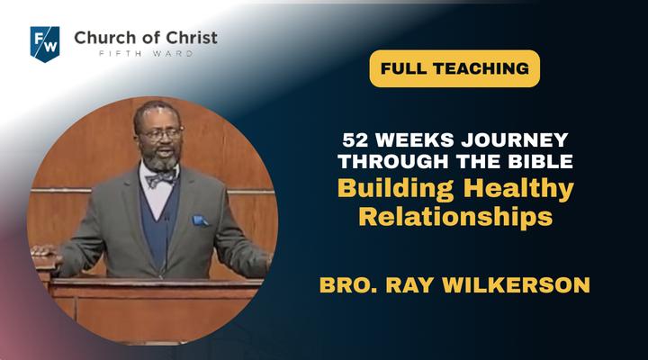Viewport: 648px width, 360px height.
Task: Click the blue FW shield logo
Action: pyautogui.click(x=45, y=44)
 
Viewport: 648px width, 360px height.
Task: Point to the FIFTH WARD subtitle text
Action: pyautogui.click(x=146, y=53)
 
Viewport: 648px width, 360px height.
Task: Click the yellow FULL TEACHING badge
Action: pyautogui.click(x=454, y=68)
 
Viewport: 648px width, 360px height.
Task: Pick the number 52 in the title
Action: pyautogui.click(x=355, y=140)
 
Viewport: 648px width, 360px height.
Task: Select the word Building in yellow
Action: pyautogui.click(x=395, y=189)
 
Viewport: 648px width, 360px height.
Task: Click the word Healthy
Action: pyautogui.click(x=519, y=189)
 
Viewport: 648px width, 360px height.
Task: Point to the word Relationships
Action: pyautogui.click(x=455, y=217)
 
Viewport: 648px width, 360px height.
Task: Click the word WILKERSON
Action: pyautogui.click(x=516, y=285)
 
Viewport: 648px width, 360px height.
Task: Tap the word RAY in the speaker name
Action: pyautogui.click(x=410, y=285)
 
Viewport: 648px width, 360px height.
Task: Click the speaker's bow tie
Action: pyautogui.click(x=161, y=178)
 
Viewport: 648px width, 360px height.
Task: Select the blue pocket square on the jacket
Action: pyautogui.click(x=200, y=220)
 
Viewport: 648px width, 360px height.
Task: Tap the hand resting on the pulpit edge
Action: pyautogui.click(x=45, y=251)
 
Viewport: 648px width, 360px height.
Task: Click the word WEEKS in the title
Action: pyautogui.click(x=415, y=140)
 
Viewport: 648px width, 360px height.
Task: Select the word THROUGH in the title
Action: pyautogui.click(x=393, y=161)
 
